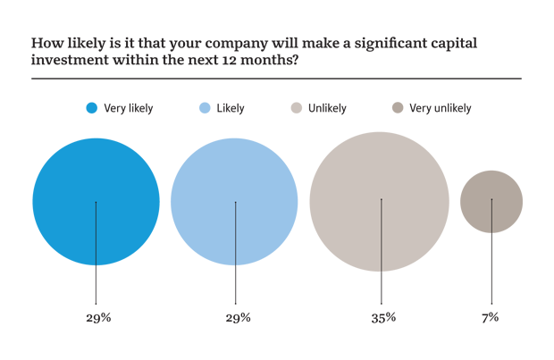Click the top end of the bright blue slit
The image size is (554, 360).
tap(97, 202)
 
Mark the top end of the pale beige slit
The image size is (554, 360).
tap(382, 202)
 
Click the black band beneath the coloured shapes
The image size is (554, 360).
tap(268, 308)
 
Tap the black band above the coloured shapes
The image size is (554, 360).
tap(268, 63)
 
